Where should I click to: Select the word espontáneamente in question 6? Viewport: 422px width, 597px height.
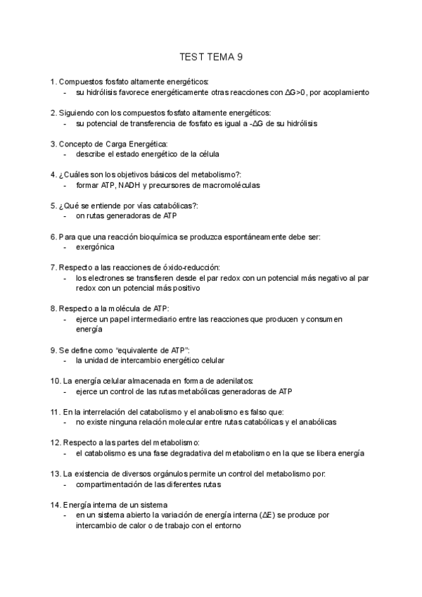(x=251, y=237)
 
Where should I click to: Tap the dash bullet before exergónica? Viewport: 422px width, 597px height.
(x=65, y=247)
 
